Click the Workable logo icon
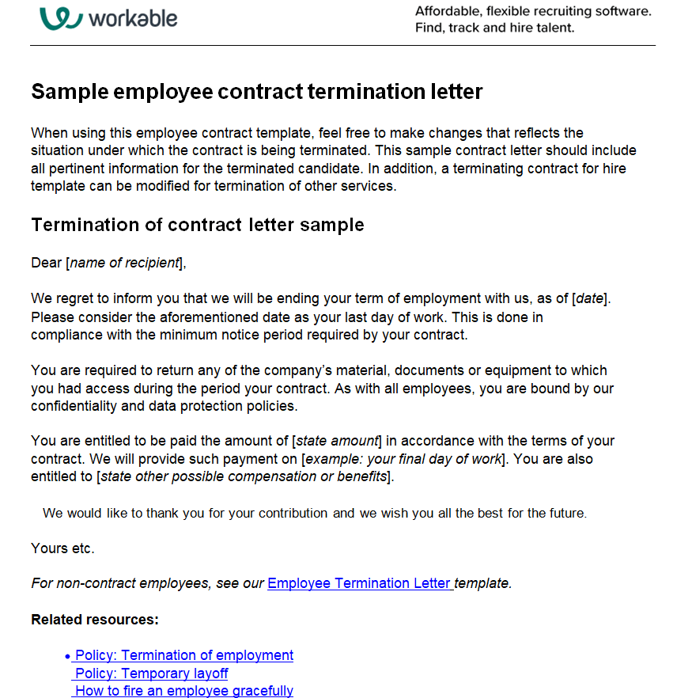tap(61, 17)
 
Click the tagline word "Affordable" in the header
tap(448, 11)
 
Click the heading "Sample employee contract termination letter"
tap(256, 92)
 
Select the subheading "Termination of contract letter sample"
tap(197, 225)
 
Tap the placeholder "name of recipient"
tap(125, 263)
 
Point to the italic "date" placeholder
tap(589, 298)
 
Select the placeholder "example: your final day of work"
tap(403, 459)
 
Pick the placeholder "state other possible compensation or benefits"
tap(244, 476)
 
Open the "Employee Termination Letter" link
tap(359, 583)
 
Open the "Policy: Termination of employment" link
tap(183, 655)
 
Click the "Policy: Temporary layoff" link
tap(151, 673)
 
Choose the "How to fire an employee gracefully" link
tap(183, 691)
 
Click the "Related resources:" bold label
tap(95, 620)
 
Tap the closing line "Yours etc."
tap(62, 548)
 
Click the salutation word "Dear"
tap(46, 263)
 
